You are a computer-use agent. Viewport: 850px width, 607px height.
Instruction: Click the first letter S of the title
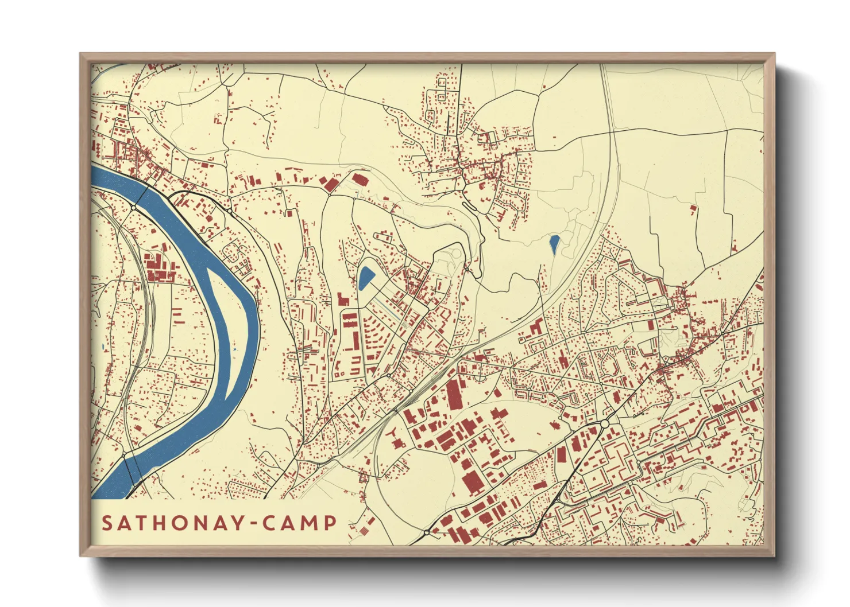click(107, 523)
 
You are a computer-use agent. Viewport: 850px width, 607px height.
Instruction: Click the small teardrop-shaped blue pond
click(554, 244)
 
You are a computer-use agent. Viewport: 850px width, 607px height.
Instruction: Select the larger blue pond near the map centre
click(365, 278)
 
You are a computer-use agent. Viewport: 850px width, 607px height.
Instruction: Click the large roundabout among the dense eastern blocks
click(604, 424)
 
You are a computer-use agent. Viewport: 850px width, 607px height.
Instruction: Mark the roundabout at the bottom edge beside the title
click(427, 533)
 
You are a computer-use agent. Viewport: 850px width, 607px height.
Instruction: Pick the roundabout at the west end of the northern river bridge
click(133, 207)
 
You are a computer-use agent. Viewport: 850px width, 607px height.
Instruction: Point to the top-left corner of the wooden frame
click(81, 54)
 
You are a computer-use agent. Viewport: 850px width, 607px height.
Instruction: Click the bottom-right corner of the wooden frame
click(774, 555)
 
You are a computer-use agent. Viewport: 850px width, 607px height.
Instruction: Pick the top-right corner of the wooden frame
click(774, 54)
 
